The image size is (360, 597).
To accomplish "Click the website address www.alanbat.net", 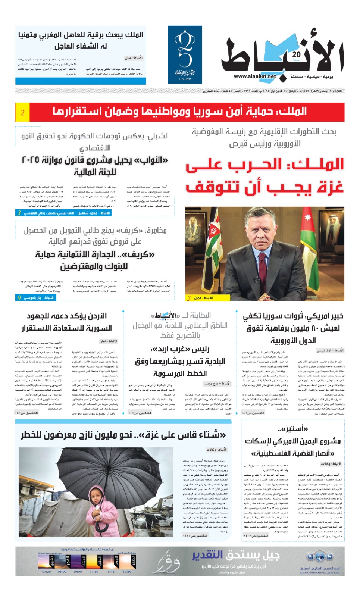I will coord(255,76).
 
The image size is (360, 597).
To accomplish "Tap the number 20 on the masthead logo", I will coord(297,54).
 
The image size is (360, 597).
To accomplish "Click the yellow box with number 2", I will coord(22,112).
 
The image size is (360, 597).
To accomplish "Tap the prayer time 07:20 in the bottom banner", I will coord(47,572).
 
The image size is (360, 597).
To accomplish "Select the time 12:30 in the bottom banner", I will coord(127,572).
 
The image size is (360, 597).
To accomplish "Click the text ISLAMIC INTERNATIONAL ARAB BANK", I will coord(320,573).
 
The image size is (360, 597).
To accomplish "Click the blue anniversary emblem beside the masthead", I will coord(185,54).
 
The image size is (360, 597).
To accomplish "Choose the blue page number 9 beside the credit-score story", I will coord(19,297).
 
